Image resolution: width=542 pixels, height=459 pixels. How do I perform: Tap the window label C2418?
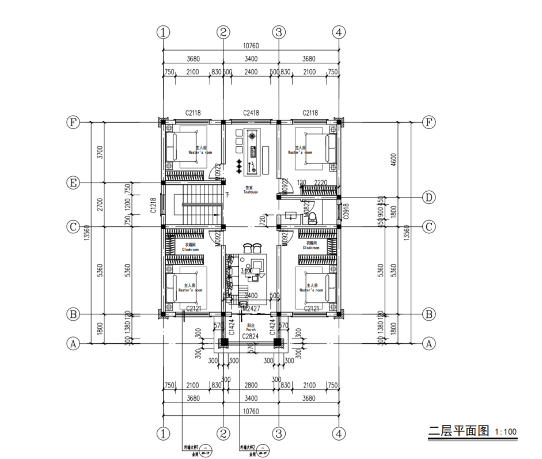251,113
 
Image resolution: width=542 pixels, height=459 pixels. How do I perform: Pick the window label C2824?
251,335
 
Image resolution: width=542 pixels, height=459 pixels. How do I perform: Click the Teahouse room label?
250,191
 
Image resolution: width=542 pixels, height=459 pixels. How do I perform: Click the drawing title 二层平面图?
458,430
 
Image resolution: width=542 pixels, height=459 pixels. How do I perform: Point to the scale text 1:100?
506,431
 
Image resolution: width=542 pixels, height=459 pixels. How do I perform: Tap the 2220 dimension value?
321,183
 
